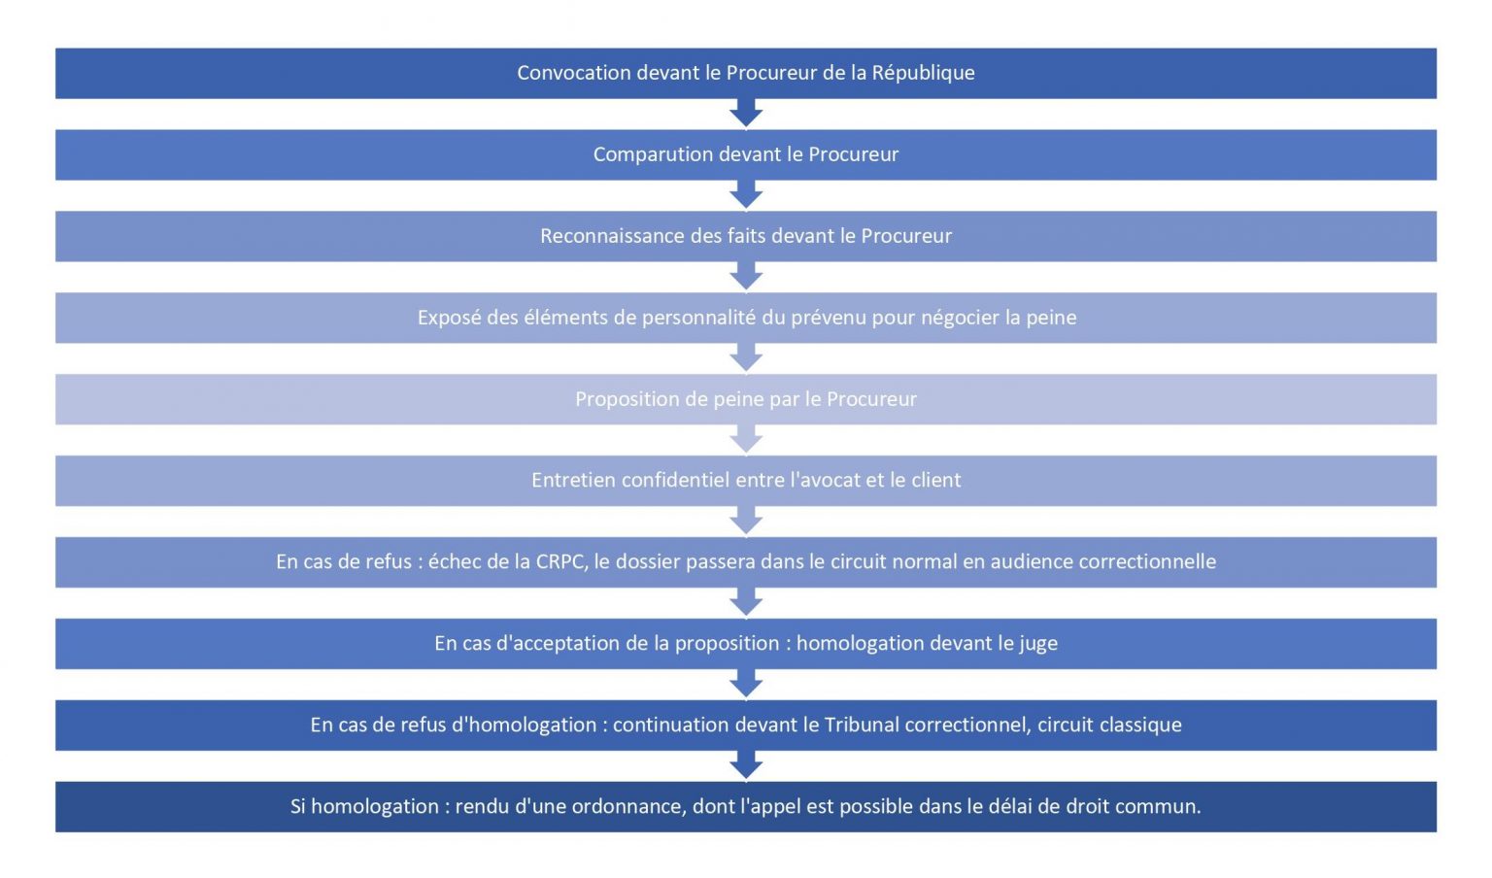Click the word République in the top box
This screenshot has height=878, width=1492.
[x=923, y=73]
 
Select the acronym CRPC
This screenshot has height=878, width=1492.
[x=560, y=561]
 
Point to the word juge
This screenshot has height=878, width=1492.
[x=1038, y=644]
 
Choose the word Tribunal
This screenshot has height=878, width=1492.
[x=865, y=725]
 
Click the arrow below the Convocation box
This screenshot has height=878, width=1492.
[x=746, y=114]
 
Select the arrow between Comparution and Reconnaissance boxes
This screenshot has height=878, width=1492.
[x=746, y=195]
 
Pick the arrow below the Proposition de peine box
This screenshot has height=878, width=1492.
[x=746, y=440]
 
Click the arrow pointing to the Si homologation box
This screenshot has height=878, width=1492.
[x=746, y=765]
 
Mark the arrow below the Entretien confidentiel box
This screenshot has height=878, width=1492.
[x=746, y=522]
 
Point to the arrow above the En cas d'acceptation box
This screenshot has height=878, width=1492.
[x=746, y=603]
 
